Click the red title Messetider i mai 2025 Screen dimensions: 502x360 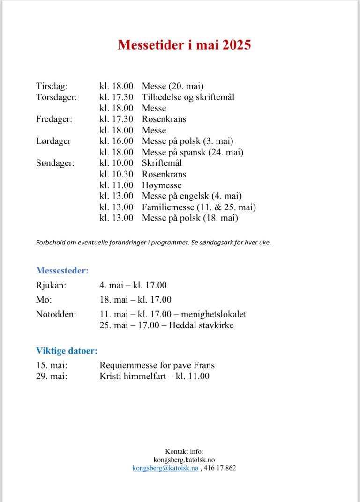click(x=184, y=45)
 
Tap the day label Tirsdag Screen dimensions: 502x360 click(x=52, y=86)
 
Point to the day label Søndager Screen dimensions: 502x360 click(x=55, y=163)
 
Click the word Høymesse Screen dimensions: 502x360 click(x=162, y=185)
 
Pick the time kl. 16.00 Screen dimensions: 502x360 click(x=116, y=141)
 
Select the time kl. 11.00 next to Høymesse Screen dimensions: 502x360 click(x=116, y=185)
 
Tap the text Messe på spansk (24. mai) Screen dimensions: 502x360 click(x=193, y=152)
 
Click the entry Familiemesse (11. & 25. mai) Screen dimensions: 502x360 click(x=199, y=207)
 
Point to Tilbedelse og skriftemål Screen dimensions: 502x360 click(x=188, y=97)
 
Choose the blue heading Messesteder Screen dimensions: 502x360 click(x=62, y=270)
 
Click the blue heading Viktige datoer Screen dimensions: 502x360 click(x=67, y=351)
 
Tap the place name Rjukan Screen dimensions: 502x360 click(x=51, y=285)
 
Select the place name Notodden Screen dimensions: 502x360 click(x=56, y=314)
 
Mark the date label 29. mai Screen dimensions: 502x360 click(x=52, y=376)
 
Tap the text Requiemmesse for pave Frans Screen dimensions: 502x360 click(x=157, y=365)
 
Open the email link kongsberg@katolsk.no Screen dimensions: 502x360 click(x=165, y=468)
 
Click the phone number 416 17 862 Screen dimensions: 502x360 click(x=220, y=468)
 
